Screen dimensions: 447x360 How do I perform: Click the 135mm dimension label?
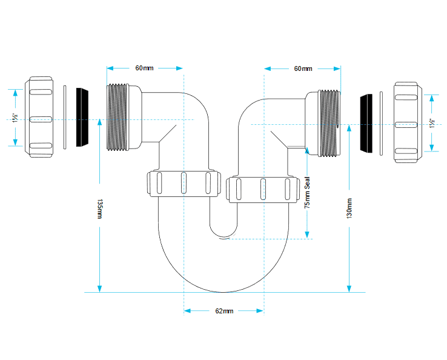point(99,209)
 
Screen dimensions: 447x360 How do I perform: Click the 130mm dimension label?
point(349,208)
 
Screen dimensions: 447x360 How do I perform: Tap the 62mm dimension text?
point(224,311)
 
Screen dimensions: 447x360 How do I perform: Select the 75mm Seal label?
point(307,193)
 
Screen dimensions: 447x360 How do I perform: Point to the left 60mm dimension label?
point(144,68)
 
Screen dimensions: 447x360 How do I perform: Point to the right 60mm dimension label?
point(303,68)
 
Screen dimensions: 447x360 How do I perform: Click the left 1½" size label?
point(15,118)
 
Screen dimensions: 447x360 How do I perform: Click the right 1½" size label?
point(432,123)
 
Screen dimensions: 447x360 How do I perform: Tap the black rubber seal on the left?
point(82,117)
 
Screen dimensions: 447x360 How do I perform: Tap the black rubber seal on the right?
point(366,123)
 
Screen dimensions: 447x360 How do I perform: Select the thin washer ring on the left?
point(65,117)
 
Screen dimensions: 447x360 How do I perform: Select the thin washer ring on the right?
point(381,124)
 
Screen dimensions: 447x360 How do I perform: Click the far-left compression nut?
point(39,117)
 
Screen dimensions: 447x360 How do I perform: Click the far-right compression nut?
point(408,122)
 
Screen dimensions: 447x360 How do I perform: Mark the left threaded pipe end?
point(118,117)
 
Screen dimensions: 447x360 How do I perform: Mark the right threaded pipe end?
point(329,123)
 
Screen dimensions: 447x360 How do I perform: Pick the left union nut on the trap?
point(184,184)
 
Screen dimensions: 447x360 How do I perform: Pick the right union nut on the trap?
point(263,190)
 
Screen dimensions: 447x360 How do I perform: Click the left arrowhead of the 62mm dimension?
point(187,311)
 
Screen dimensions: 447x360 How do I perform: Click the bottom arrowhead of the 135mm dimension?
point(99,288)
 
